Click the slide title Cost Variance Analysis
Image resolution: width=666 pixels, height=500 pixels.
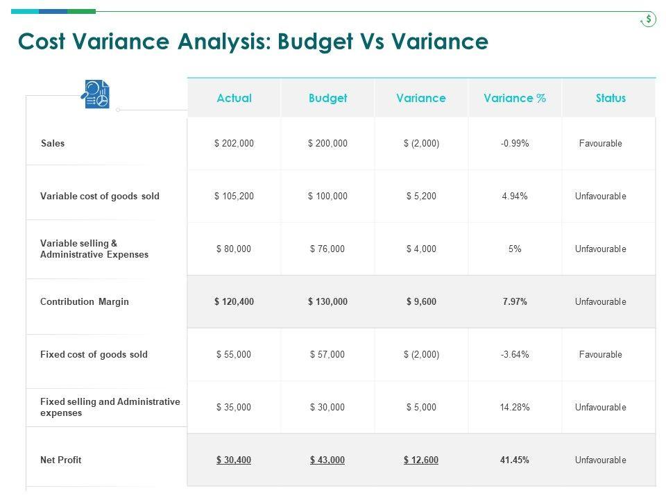click(x=253, y=42)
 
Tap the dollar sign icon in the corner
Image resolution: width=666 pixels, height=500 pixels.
click(x=648, y=19)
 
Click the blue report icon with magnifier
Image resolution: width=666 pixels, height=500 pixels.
click(x=96, y=94)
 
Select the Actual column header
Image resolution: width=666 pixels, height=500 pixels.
click(x=234, y=98)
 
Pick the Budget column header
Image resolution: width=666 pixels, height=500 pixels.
click(x=327, y=98)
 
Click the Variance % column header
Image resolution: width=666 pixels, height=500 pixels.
click(x=515, y=98)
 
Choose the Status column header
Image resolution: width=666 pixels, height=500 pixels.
click(x=610, y=98)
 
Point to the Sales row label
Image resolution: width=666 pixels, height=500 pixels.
click(x=53, y=144)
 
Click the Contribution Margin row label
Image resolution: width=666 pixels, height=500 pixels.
click(x=85, y=302)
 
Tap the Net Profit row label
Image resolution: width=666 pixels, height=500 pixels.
click(x=61, y=460)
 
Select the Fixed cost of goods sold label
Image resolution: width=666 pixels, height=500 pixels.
click(x=94, y=354)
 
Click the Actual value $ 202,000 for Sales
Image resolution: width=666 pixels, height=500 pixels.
click(x=234, y=144)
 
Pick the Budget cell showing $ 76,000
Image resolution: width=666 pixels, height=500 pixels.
click(x=327, y=249)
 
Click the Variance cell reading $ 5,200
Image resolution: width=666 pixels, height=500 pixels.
click(x=421, y=197)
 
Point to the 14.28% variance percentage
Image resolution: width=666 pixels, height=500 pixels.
click(x=515, y=408)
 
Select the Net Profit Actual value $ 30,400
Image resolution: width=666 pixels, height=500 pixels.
click(x=234, y=460)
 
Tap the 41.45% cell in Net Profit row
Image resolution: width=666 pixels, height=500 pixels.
click(x=515, y=460)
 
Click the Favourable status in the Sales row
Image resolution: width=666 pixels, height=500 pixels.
click(x=601, y=144)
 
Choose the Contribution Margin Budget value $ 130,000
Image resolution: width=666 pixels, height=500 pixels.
click(x=327, y=302)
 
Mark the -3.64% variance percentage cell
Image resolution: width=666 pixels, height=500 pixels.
click(x=515, y=355)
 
